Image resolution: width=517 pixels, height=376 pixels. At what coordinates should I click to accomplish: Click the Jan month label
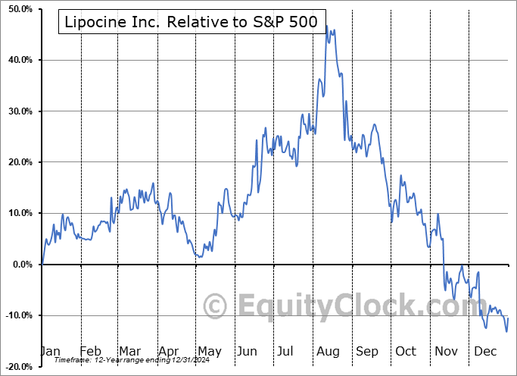click(50, 351)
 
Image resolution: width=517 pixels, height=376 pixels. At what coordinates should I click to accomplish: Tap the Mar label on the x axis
click(129, 351)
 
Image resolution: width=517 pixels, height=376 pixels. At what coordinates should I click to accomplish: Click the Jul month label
click(287, 351)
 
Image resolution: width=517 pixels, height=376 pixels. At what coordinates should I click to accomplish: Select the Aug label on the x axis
click(328, 351)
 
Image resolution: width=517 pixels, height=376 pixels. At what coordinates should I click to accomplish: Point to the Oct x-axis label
click(406, 351)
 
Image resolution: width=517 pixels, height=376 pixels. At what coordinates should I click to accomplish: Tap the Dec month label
click(484, 351)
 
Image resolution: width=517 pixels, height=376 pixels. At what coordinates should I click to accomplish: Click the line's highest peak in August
click(326, 26)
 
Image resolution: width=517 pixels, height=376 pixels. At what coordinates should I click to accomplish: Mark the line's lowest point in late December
click(506, 331)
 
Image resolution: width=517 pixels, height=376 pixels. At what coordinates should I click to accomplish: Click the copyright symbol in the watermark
click(216, 307)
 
